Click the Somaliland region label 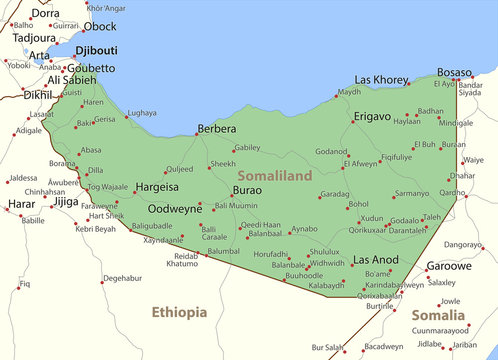click(x=275, y=175)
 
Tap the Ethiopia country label click(x=179, y=313)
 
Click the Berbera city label click(x=217, y=129)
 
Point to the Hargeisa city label click(x=157, y=186)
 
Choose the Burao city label click(x=247, y=189)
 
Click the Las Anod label click(x=376, y=260)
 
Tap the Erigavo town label click(x=371, y=117)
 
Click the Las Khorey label click(x=382, y=80)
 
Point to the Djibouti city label click(x=96, y=49)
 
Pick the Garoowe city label click(x=449, y=267)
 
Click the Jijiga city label click(x=65, y=201)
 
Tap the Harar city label click(x=21, y=204)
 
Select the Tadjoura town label click(x=33, y=37)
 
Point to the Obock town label click(x=99, y=26)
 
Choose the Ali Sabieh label click(x=72, y=80)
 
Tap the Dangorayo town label click(x=462, y=244)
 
